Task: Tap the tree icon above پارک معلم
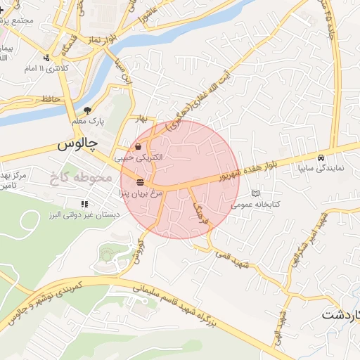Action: click(x=87, y=110)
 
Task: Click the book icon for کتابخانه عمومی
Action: click(x=255, y=193)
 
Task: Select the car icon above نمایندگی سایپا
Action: click(x=321, y=157)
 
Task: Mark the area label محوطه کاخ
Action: click(x=82, y=177)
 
